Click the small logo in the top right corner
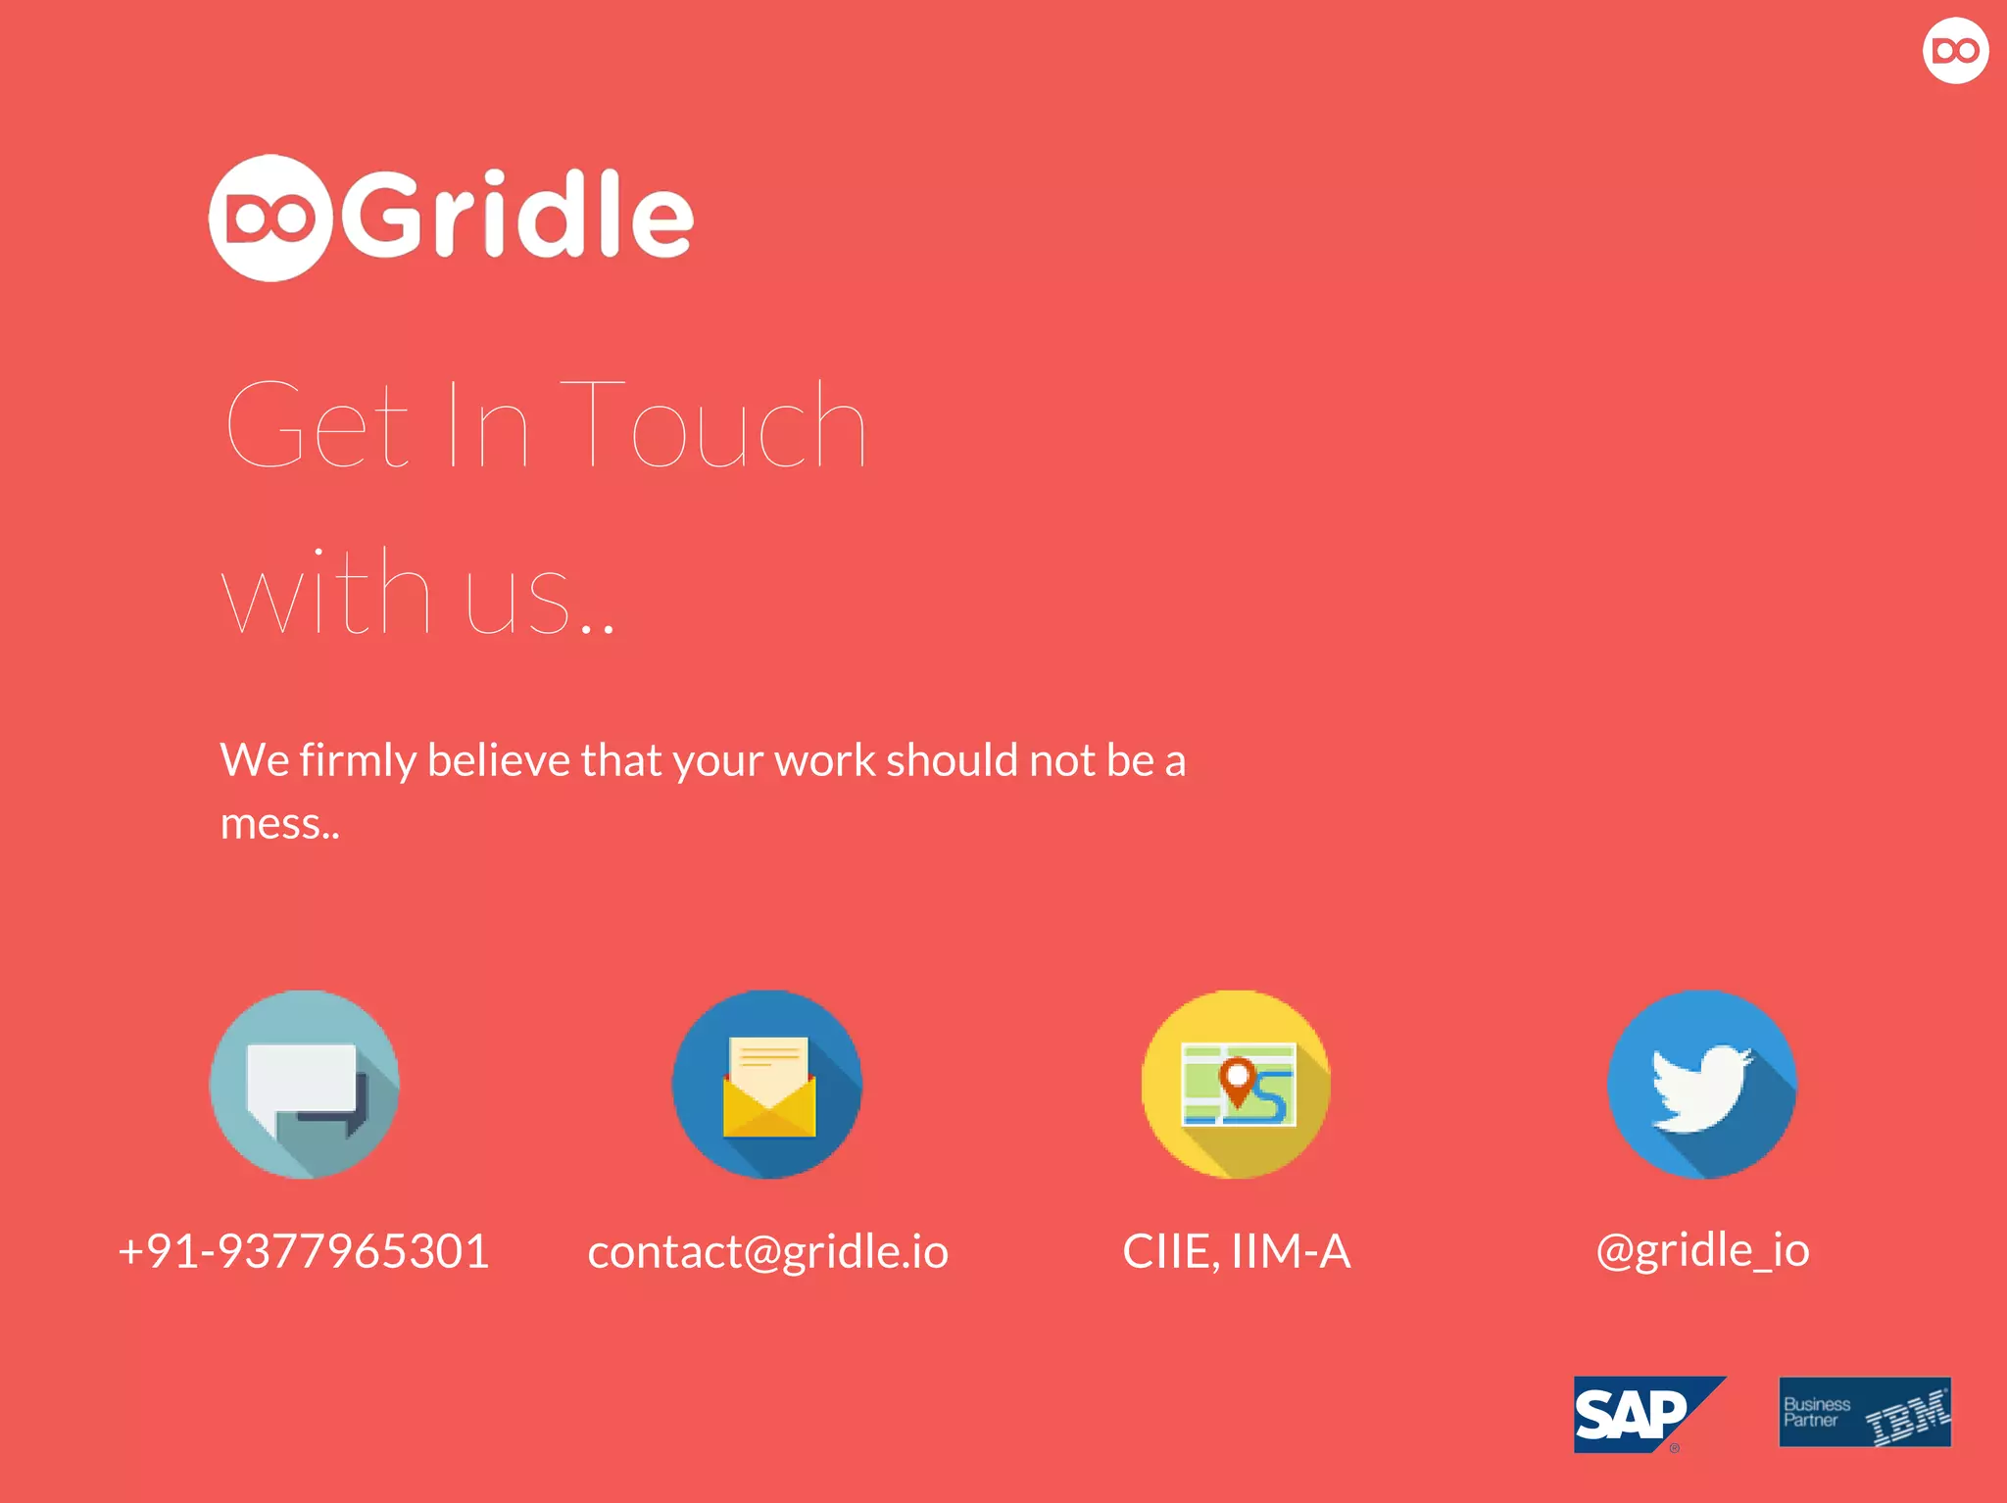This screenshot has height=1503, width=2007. [1955, 50]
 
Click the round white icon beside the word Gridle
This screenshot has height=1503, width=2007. [271, 218]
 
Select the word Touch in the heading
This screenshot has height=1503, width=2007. [712, 424]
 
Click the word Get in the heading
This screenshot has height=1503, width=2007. [317, 424]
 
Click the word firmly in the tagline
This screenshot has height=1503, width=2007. [358, 761]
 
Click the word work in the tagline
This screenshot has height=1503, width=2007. [824, 759]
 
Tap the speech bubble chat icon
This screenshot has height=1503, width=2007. [305, 1085]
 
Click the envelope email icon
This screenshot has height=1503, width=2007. [767, 1085]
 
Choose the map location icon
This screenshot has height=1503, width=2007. [1237, 1085]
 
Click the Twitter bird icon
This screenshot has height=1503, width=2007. [1702, 1085]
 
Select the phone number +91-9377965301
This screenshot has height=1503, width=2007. [303, 1251]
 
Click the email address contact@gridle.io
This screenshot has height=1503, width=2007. [767, 1252]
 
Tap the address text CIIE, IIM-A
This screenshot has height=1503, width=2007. [1237, 1252]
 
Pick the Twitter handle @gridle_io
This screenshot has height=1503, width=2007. [1702, 1250]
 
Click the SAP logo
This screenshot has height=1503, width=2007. [1649, 1414]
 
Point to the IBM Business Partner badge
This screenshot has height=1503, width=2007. [1865, 1412]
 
